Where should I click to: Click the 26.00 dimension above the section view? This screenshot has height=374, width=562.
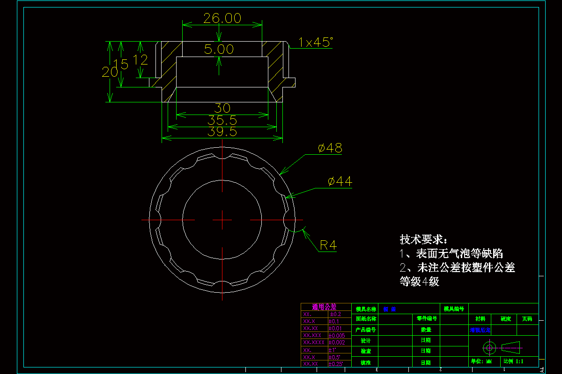pos(222,19)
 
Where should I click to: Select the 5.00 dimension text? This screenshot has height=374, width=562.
pos(219,49)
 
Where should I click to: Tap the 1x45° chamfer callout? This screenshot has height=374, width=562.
pos(316,43)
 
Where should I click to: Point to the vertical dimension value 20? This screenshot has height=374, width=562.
pos(110,72)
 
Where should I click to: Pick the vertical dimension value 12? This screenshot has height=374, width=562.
pos(140,60)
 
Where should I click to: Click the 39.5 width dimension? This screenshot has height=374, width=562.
pos(222,132)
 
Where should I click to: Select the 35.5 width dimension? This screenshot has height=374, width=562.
pos(222,121)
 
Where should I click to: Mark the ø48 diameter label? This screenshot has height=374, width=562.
pos(330,148)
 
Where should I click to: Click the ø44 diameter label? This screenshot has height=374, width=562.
pos(340,181)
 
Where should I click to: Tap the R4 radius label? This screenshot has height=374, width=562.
pos(328,245)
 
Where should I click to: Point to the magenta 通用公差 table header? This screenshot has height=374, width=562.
pos(324,307)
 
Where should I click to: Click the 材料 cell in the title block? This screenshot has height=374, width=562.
pos(481,319)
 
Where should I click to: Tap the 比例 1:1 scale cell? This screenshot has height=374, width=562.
pos(514,361)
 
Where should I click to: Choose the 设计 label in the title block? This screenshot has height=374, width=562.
pos(366,340)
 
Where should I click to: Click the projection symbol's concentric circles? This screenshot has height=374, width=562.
pos(489,347)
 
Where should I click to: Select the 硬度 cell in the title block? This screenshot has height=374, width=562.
pos(506,319)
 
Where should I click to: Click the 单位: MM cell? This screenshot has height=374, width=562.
pos(482,361)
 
